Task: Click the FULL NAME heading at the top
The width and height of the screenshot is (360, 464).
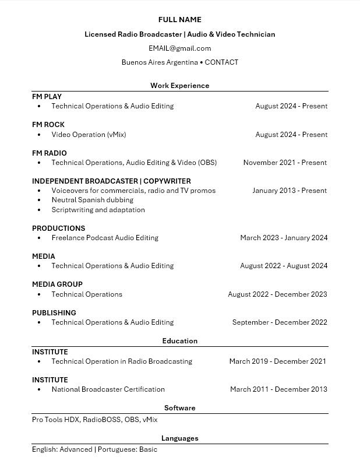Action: (x=179, y=20)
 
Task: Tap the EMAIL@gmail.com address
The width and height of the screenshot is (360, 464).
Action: (x=179, y=48)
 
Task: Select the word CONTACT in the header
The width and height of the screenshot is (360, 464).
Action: (x=221, y=62)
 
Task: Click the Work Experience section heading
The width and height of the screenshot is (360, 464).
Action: (x=179, y=86)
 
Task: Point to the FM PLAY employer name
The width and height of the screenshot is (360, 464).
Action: (x=47, y=97)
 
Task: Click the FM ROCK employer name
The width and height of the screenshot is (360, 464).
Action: (x=48, y=125)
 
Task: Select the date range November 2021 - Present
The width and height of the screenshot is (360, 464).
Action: (x=285, y=163)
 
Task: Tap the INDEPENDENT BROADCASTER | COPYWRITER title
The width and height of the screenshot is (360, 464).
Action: (x=111, y=181)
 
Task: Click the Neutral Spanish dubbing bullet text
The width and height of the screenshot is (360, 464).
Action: (x=93, y=200)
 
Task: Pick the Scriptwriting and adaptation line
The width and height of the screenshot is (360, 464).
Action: (x=98, y=210)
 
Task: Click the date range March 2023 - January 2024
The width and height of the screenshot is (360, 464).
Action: (x=284, y=238)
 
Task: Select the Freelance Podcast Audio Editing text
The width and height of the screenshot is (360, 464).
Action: (x=105, y=238)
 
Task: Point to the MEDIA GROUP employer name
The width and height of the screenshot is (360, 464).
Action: (x=57, y=284)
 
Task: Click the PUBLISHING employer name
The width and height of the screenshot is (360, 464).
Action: (x=54, y=313)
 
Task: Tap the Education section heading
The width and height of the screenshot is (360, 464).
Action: (x=179, y=341)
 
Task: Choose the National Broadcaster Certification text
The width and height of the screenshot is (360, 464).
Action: (x=108, y=389)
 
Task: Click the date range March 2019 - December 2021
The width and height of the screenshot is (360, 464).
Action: (x=277, y=361)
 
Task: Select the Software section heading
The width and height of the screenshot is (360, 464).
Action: (x=179, y=408)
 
